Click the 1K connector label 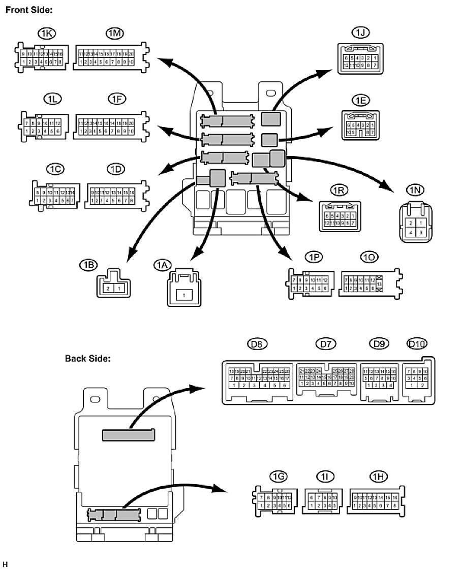pyautogui.click(x=47, y=33)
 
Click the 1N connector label pyautogui.click(x=415, y=190)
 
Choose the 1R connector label pyautogui.click(x=339, y=190)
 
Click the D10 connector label pyautogui.click(x=417, y=344)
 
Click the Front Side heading pyautogui.click(x=28, y=10)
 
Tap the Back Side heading pyautogui.click(x=88, y=358)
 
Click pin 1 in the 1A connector pyautogui.click(x=185, y=294)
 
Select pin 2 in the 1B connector pyautogui.click(x=107, y=288)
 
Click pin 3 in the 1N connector pyautogui.click(x=420, y=232)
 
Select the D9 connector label pyautogui.click(x=378, y=344)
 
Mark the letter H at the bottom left pyautogui.click(x=5, y=564)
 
